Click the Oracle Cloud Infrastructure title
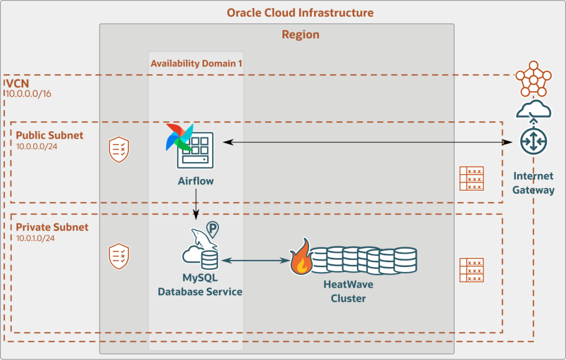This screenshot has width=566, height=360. tap(300, 12)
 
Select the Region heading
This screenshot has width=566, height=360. tap(301, 34)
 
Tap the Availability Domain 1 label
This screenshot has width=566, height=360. tap(196, 63)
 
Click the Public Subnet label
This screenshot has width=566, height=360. tap(50, 135)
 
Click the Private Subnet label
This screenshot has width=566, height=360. tap(52, 227)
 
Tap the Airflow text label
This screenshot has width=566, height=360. tap(196, 181)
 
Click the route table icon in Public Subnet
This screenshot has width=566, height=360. tap(471, 179)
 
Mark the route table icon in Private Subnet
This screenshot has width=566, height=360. tap(471, 270)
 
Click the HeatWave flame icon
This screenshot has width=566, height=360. tap(302, 258)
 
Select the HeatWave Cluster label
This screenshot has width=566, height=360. tap(348, 291)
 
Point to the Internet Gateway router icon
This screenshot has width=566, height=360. tap(533, 142)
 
